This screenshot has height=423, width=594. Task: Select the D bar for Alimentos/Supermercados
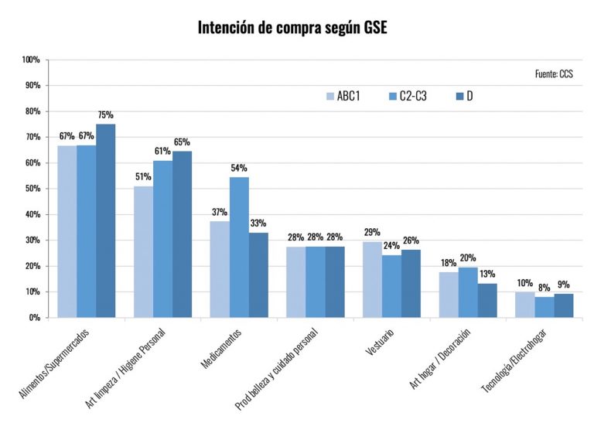105,220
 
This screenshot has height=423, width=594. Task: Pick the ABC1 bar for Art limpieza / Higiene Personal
143,251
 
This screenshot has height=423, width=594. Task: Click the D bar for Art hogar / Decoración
486,300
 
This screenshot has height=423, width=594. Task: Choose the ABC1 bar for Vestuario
372,279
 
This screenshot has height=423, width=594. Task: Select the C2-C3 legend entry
406,96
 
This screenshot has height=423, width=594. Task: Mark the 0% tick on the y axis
35,318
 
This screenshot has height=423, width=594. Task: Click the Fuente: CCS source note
553,74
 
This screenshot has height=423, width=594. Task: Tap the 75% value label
105,115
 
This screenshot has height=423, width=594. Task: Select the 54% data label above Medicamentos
239,168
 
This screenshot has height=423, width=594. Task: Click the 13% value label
487,275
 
